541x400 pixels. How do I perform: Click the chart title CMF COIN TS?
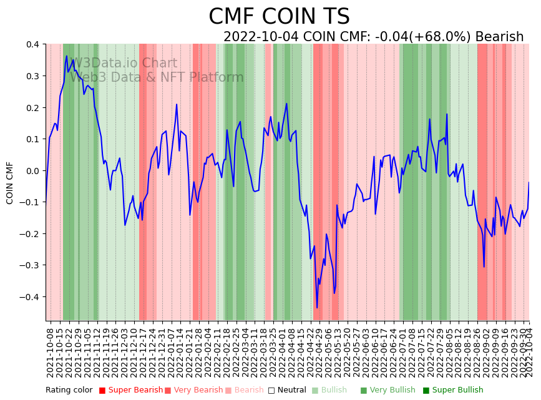(279, 17)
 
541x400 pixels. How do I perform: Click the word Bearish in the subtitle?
(499, 37)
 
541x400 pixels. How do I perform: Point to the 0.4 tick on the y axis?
(32, 44)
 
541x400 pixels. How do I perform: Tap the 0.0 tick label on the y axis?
(32, 170)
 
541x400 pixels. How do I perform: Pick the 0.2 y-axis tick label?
(32, 107)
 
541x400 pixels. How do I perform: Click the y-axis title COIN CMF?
(10, 183)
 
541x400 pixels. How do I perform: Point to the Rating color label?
(69, 390)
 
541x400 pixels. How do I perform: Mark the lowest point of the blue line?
(317, 307)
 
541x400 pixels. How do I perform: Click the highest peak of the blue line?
(67, 56)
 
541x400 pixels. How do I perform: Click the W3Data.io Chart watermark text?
(123, 64)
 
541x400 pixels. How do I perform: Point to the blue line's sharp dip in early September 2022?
(484, 267)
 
